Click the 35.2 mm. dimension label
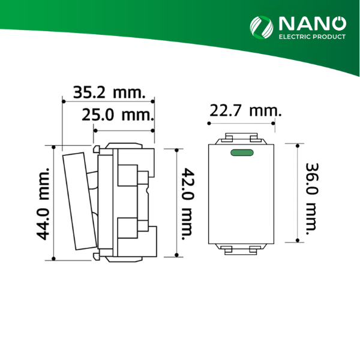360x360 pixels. (109, 92)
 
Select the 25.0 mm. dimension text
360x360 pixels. (118, 115)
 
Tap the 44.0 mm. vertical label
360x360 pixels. (43, 203)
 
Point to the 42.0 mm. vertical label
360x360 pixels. (188, 204)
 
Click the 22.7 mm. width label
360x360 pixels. (245, 111)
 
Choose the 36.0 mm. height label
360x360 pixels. (312, 199)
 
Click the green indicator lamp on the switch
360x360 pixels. (242, 152)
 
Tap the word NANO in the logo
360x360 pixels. (313, 23)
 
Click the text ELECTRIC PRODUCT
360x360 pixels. (312, 37)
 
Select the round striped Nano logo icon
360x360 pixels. (262, 28)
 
